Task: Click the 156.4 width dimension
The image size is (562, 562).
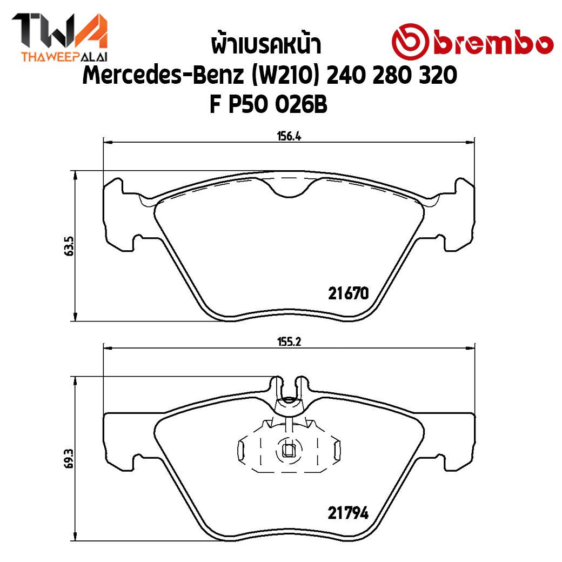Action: click(289, 137)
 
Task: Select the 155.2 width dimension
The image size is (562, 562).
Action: click(289, 342)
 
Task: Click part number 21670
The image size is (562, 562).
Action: click(348, 293)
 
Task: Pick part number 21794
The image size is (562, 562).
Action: click(348, 513)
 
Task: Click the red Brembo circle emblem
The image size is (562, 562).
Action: click(410, 42)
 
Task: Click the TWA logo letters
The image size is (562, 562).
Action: click(60, 31)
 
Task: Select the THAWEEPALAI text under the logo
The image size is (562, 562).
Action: click(64, 57)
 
